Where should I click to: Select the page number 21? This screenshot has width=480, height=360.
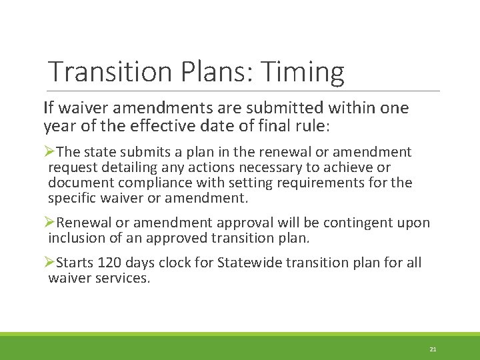coord(433,349)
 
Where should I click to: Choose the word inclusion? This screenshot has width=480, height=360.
coord(75,238)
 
